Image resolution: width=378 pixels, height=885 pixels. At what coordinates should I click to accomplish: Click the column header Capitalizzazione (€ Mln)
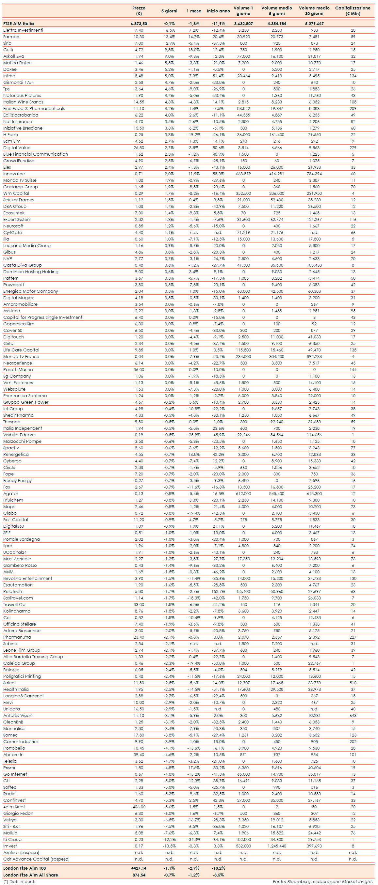click(353, 11)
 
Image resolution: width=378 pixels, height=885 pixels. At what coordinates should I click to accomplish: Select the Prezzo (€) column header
click(139, 11)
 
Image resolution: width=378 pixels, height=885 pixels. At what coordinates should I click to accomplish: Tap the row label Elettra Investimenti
click(23, 30)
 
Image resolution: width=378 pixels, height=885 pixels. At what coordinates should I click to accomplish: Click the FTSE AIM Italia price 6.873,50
click(139, 24)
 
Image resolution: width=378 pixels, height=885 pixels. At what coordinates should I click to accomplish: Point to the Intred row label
click(9, 76)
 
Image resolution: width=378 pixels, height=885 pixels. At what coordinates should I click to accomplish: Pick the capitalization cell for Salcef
click(353, 683)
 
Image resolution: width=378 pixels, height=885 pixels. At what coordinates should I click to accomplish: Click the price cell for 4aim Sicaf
click(139, 807)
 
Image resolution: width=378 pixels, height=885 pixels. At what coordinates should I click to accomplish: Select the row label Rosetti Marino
click(18, 370)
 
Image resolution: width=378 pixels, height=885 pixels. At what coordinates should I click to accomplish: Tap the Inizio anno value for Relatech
click(218, 592)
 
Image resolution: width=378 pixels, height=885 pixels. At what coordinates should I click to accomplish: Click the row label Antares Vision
click(18, 716)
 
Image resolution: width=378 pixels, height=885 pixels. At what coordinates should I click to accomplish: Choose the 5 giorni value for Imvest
click(169, 846)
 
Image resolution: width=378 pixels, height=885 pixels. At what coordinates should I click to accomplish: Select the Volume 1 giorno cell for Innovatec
click(243, 174)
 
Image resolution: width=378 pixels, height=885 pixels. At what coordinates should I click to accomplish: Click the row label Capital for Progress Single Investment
click(43, 318)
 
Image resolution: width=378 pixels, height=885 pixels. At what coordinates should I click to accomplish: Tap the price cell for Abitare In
click(139, 755)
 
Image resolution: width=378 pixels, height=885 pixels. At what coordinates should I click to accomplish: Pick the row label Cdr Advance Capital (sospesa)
click(36, 859)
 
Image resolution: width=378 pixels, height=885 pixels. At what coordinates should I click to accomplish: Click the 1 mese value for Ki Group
click(194, 840)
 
